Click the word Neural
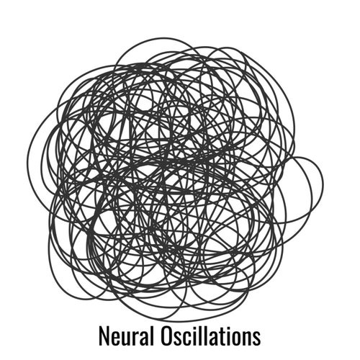pyautogui.click(x=126, y=336)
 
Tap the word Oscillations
pyautogui.click(x=210, y=336)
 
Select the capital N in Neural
pyautogui.click(x=104, y=336)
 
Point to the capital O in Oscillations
pyautogui.click(x=166, y=336)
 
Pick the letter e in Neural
pyautogui.click(x=116, y=338)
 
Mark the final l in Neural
pyautogui.click(x=152, y=336)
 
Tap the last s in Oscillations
pyautogui.click(x=257, y=338)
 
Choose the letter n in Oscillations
pyautogui.click(x=248, y=338)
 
